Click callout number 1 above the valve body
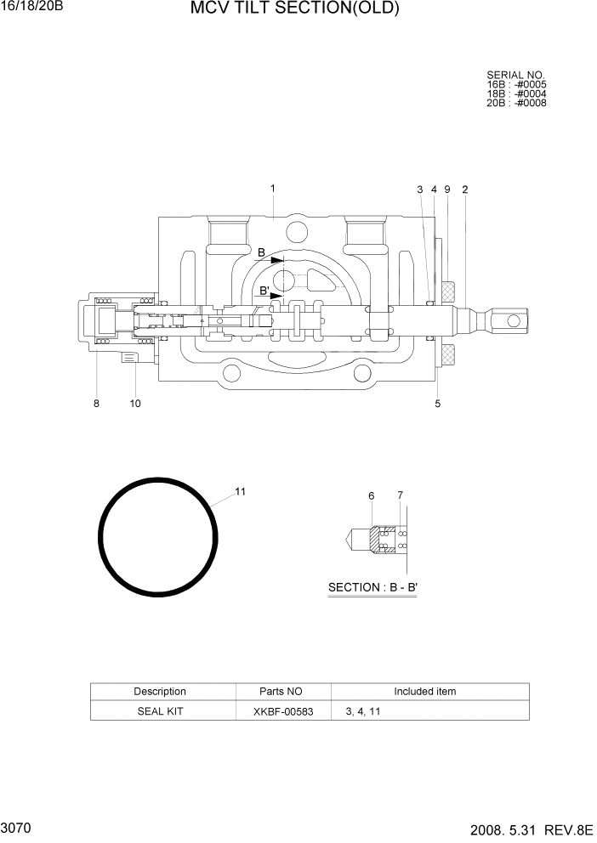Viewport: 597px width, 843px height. click(272, 188)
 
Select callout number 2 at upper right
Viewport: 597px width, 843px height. click(465, 190)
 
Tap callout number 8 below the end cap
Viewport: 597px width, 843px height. click(96, 404)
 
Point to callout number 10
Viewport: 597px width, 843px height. click(135, 404)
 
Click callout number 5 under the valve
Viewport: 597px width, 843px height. click(438, 404)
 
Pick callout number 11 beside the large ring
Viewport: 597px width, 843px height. click(241, 491)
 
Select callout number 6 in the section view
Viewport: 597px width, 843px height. click(372, 495)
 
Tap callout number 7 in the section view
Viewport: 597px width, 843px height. click(401, 495)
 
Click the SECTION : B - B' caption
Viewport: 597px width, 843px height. click(372, 587)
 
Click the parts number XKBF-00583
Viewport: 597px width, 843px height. click(283, 711)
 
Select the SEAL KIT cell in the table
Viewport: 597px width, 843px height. click(160, 711)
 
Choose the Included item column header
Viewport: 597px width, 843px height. click(424, 691)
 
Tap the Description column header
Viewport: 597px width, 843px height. click(160, 691)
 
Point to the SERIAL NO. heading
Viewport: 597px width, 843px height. click(515, 76)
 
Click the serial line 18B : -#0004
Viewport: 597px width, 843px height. click(516, 93)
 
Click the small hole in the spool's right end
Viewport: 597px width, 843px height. click(512, 320)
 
